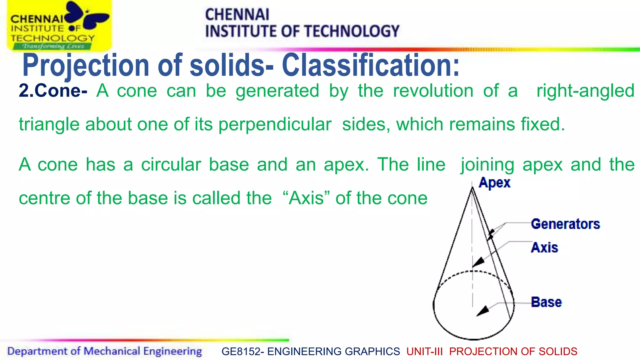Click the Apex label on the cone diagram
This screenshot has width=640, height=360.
[494, 183]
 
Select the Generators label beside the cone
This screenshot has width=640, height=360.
[565, 224]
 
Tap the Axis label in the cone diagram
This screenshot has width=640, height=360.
[544, 247]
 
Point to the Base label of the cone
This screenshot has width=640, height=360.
[546, 302]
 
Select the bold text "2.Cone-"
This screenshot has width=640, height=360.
[53, 91]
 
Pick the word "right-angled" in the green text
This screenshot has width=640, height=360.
[585, 91]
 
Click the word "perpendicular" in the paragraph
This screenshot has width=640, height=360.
[275, 124]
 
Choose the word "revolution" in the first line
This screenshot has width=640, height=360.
[433, 91]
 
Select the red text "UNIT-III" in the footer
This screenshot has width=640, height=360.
[424, 352]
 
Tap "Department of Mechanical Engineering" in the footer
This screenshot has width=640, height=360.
[104, 351]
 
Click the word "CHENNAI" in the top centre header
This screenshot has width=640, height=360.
[237, 15]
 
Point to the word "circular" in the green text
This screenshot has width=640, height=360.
[171, 165]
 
